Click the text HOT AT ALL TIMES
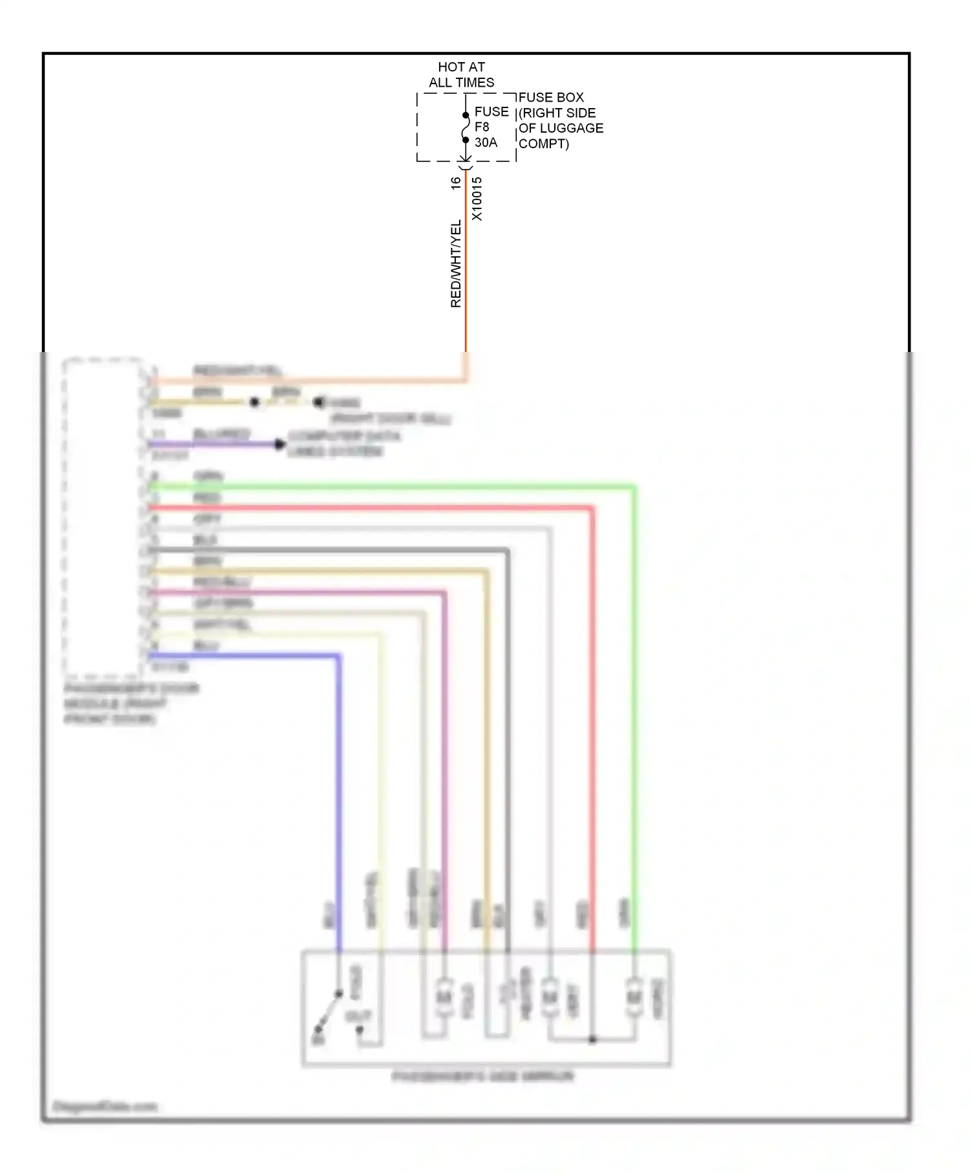click(461, 74)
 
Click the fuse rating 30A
click(486, 142)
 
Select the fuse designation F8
click(482, 127)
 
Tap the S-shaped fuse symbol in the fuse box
click(465, 127)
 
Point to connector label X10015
click(477, 199)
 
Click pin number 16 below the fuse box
click(456, 183)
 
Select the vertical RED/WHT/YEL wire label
click(456, 263)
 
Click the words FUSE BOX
click(551, 97)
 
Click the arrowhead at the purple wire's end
click(280, 444)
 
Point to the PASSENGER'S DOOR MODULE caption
click(129, 703)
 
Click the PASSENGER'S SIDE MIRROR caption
click(482, 1076)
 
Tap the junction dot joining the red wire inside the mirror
click(592, 1039)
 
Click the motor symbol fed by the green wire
click(634, 997)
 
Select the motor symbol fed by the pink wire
click(444, 997)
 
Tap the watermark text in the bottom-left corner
click(105, 1106)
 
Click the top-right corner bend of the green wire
click(634, 487)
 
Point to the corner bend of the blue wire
click(338, 657)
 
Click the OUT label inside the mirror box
click(358, 1016)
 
